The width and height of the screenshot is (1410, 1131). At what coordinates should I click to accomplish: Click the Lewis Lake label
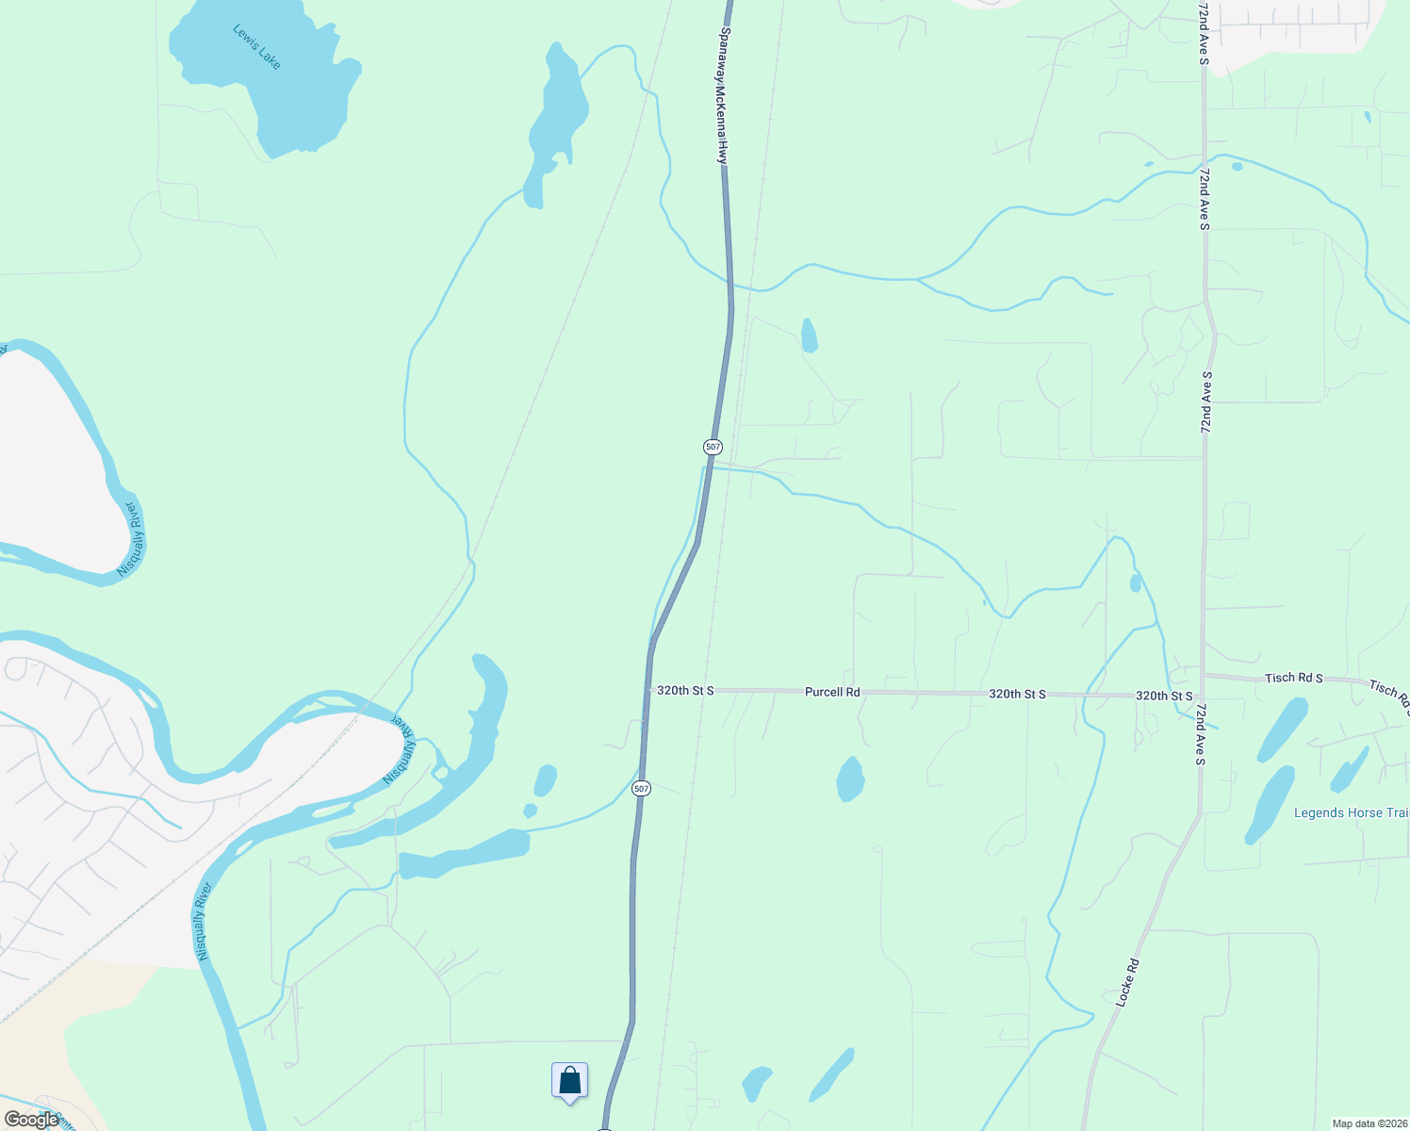click(256, 46)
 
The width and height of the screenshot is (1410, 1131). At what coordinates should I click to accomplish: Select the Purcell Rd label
click(832, 692)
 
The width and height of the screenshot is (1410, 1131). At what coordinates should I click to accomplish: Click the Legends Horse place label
click(1351, 812)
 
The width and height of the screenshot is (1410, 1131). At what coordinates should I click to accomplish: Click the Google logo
click(31, 1120)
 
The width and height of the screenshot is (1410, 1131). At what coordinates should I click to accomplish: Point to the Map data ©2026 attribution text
click(1369, 1123)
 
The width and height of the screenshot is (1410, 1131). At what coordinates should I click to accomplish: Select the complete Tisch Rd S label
click(1293, 678)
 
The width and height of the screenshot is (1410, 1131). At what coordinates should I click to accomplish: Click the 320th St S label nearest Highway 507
click(685, 691)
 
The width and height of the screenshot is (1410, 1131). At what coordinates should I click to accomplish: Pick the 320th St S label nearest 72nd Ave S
click(1164, 696)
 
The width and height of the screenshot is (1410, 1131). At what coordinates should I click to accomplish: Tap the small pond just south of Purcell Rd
click(850, 779)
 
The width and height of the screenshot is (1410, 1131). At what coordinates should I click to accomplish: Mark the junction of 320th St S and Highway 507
click(648, 691)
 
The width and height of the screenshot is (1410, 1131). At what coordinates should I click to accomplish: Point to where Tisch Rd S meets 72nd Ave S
click(1203, 675)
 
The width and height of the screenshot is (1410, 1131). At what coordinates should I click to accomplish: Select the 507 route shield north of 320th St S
click(713, 446)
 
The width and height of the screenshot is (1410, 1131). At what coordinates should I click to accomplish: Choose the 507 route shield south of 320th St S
click(641, 788)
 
